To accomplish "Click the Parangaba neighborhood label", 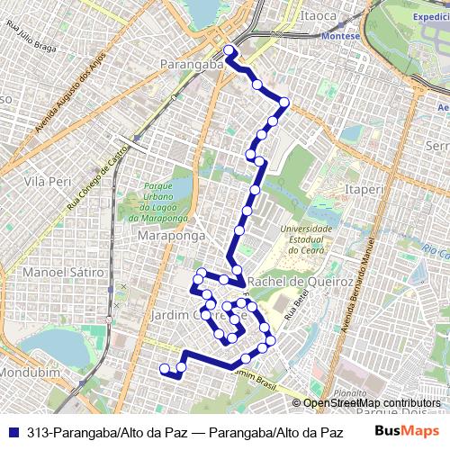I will tap(190, 64).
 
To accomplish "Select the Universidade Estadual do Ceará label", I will tap(306, 240).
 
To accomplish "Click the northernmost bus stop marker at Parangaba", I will tap(229, 50).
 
